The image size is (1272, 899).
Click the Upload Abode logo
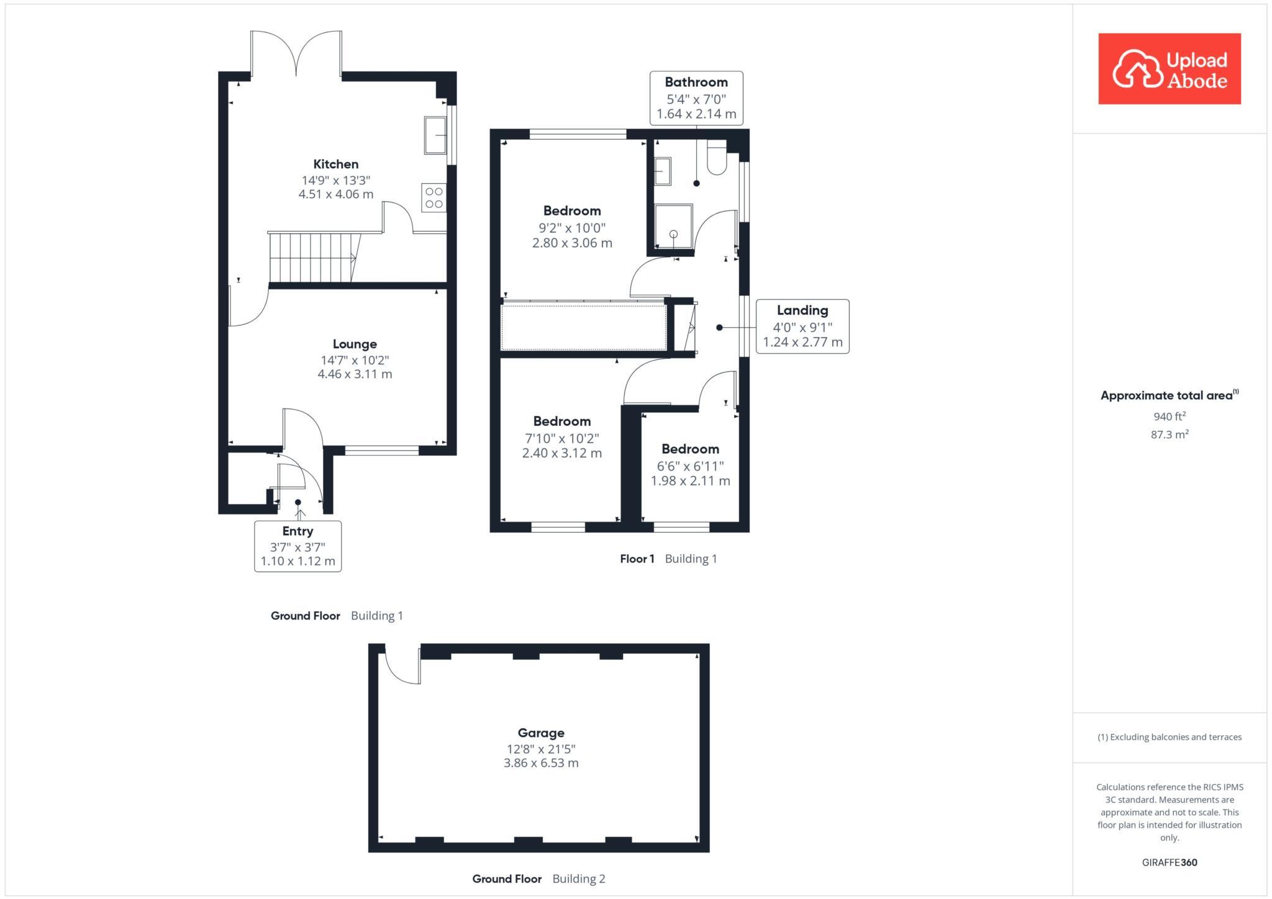click(x=1169, y=69)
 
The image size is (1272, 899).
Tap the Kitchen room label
click(x=335, y=165)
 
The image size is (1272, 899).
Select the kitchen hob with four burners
click(x=434, y=197)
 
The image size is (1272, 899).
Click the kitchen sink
click(x=435, y=135)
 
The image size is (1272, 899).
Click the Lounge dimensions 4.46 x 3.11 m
click(x=355, y=374)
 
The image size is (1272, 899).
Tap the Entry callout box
click(x=298, y=546)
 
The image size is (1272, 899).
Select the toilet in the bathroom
click(x=717, y=160)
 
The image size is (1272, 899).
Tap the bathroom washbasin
click(x=663, y=171)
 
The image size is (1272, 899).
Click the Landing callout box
click(x=802, y=327)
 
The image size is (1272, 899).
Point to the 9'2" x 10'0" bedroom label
click(x=572, y=227)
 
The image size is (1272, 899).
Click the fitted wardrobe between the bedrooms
click(x=583, y=327)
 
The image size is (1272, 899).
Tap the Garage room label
click(x=541, y=733)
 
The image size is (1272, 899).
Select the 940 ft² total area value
click(x=1169, y=417)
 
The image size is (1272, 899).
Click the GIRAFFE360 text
click(x=1169, y=862)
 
